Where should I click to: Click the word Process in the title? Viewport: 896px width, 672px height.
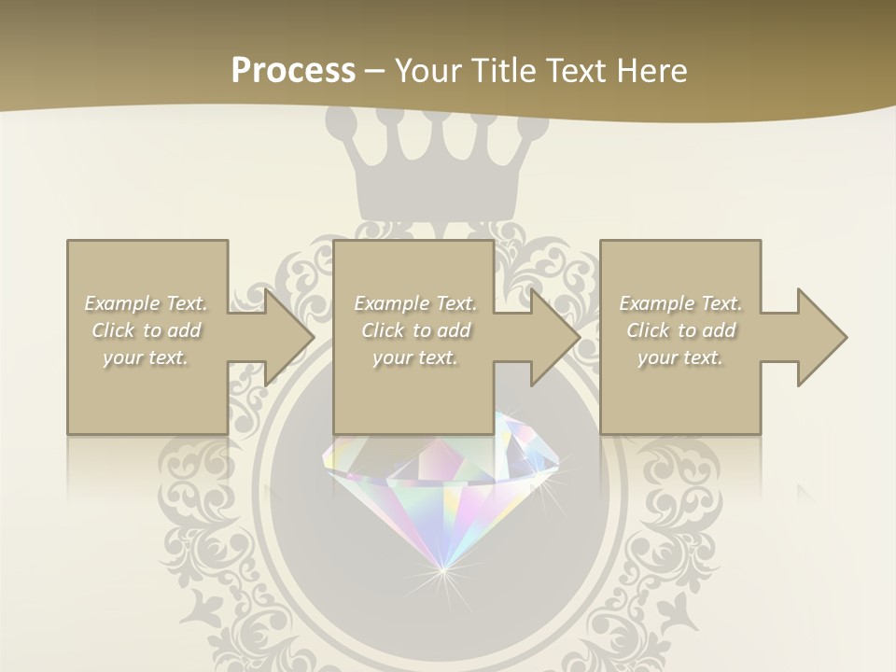coord(293,71)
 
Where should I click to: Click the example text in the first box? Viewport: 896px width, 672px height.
coord(147,330)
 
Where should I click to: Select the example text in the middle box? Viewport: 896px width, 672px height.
coord(414,330)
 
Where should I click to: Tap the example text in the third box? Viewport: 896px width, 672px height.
coord(680,330)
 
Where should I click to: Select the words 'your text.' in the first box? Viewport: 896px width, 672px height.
coord(147,357)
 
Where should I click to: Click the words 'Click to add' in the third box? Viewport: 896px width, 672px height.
coord(680,330)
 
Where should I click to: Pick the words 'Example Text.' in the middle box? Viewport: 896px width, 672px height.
coord(414,303)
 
